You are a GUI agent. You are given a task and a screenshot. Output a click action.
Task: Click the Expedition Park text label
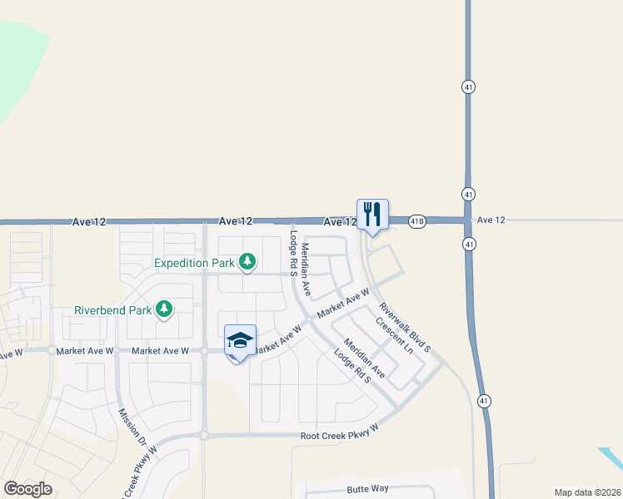coord(196,264)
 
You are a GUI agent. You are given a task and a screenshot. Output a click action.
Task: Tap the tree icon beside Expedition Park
coord(247,263)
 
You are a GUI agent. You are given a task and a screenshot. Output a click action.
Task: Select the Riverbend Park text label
coord(112,310)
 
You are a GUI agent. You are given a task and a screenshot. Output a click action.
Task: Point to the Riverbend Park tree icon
coord(165,309)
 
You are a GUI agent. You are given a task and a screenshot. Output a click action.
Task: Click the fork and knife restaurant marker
coord(372,215)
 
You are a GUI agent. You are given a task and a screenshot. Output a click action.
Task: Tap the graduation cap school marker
coord(240,341)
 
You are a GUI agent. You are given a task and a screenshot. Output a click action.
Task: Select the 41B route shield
coord(417,220)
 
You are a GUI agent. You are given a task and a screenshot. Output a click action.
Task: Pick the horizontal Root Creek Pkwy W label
coord(340,437)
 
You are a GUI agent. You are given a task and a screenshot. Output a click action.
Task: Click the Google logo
coord(27,489)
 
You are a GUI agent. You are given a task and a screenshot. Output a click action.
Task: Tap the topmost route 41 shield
coord(468,86)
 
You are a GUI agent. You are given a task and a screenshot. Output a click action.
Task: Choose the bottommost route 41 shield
coord(484,401)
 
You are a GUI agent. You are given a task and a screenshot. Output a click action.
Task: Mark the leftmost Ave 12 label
coord(89,221)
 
